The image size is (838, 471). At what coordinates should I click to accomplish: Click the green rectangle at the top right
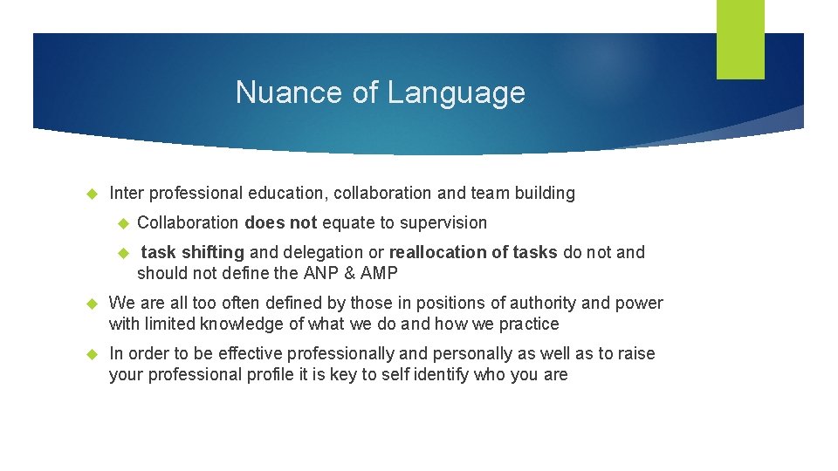740,39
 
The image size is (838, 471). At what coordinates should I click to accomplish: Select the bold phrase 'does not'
281,222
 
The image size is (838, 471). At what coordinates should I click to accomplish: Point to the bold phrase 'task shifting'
192,252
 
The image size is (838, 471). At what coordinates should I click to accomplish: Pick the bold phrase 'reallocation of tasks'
473,252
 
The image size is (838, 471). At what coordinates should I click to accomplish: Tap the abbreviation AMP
380,273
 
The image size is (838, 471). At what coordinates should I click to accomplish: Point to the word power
640,303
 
